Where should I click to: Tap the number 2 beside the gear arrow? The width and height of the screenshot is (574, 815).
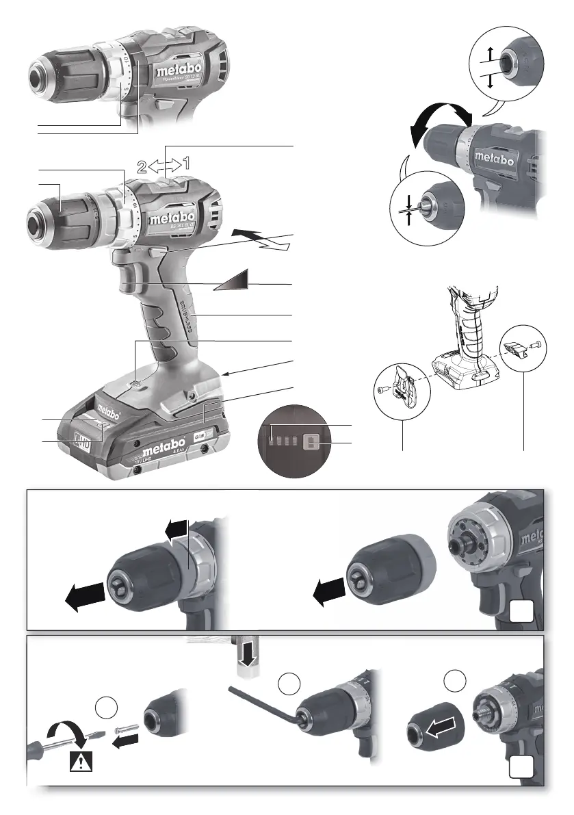click(x=141, y=165)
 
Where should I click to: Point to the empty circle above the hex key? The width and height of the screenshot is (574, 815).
click(x=289, y=684)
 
